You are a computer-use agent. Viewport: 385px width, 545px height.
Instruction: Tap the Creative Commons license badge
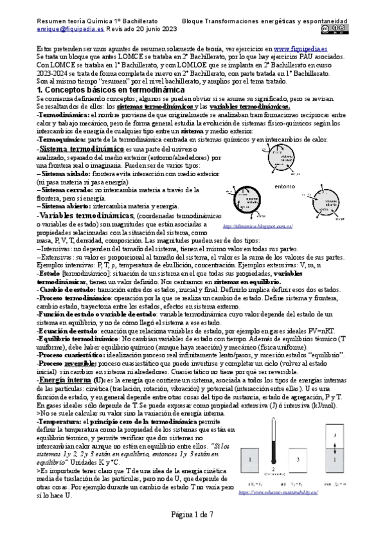pyautogui.click(x=332, y=28)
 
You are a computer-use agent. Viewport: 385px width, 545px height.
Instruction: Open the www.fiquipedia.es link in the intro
pyautogui.click(x=300, y=49)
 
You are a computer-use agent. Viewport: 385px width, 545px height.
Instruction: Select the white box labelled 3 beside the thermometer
pyautogui.click(x=300, y=460)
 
